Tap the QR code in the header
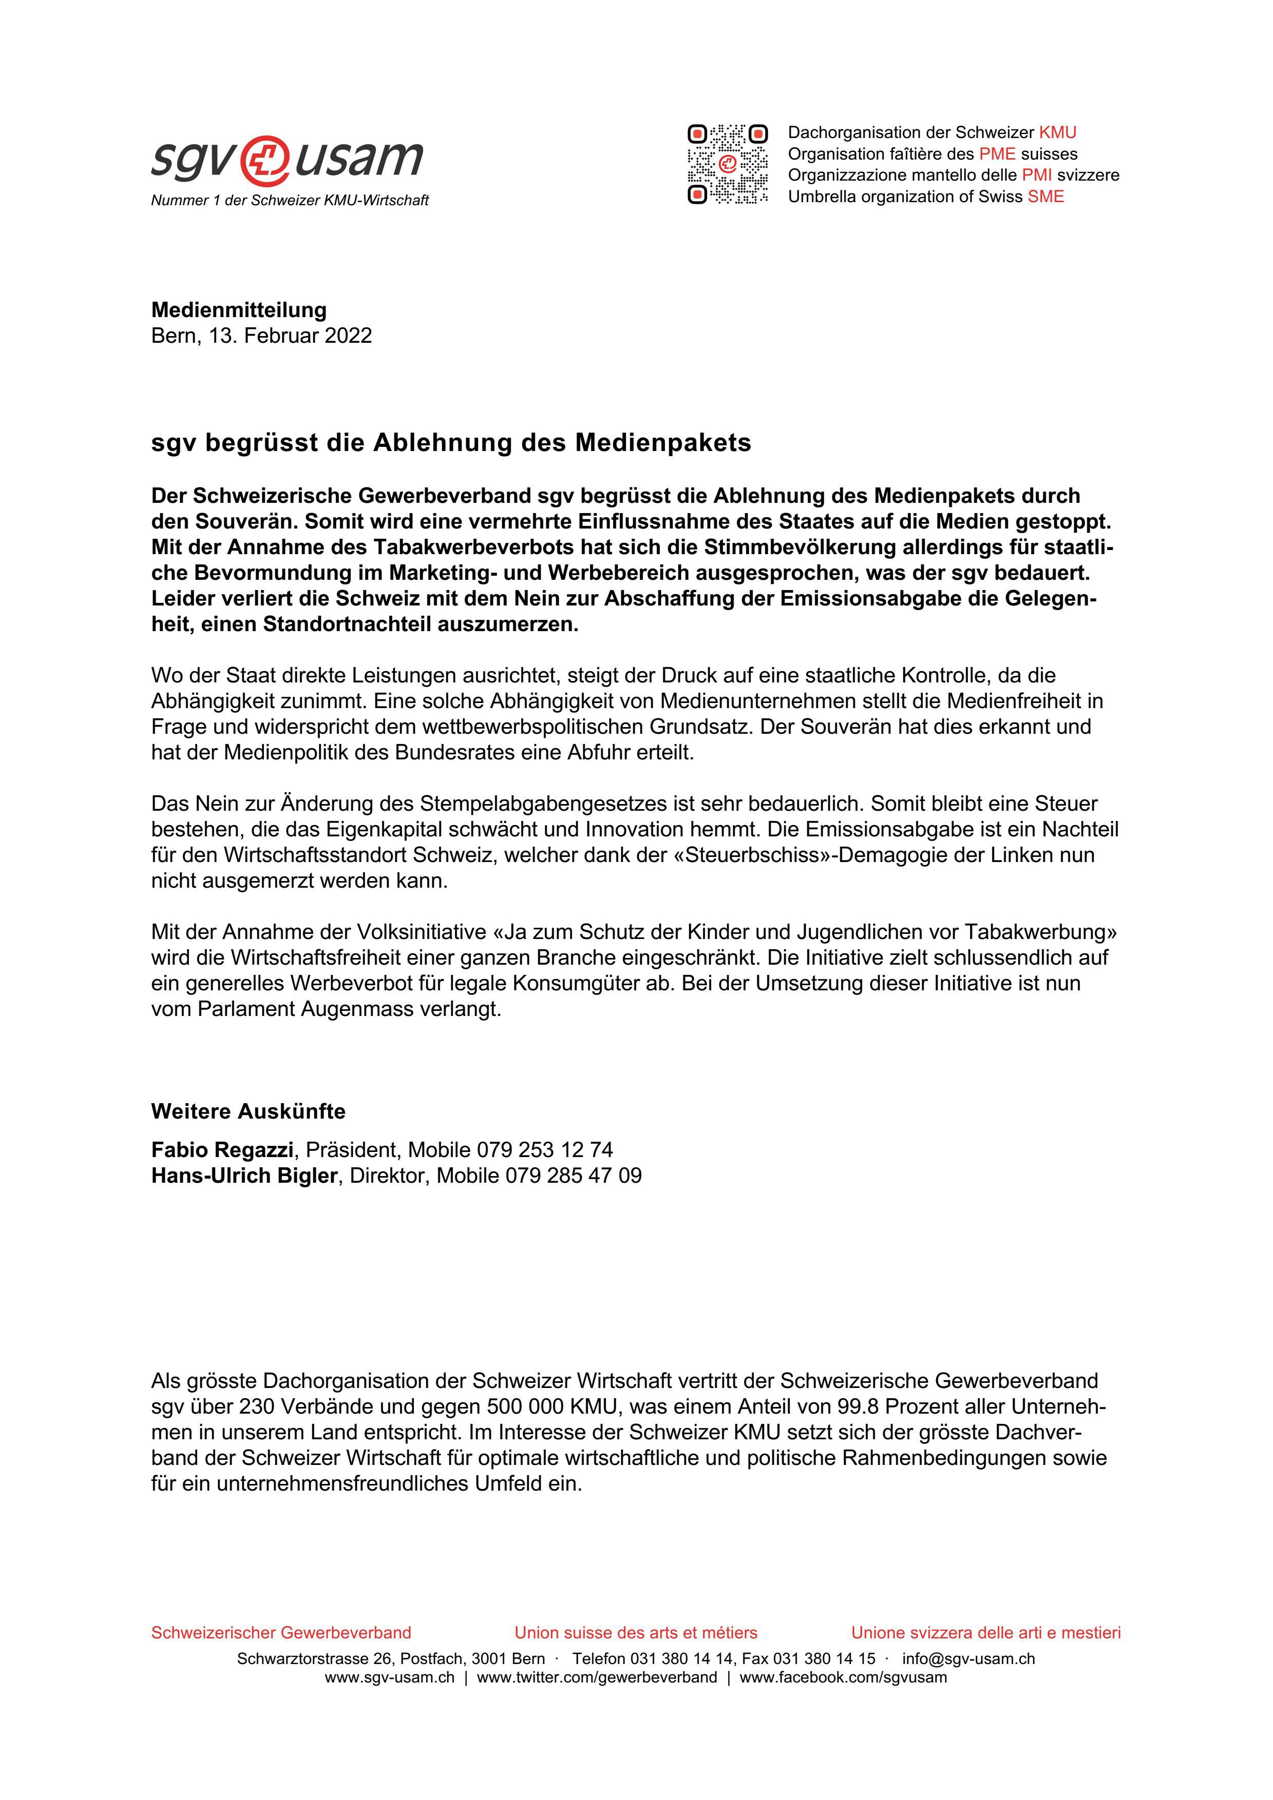point(727,164)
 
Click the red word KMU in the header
point(1057,132)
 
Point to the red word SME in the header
point(1046,197)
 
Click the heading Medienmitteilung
point(238,310)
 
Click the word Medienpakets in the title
point(663,443)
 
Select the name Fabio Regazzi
point(222,1150)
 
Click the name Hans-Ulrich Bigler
point(244,1176)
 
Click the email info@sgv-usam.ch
point(968,1659)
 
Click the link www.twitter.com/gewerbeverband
point(596,1678)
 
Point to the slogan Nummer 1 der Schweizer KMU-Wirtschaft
point(290,201)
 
